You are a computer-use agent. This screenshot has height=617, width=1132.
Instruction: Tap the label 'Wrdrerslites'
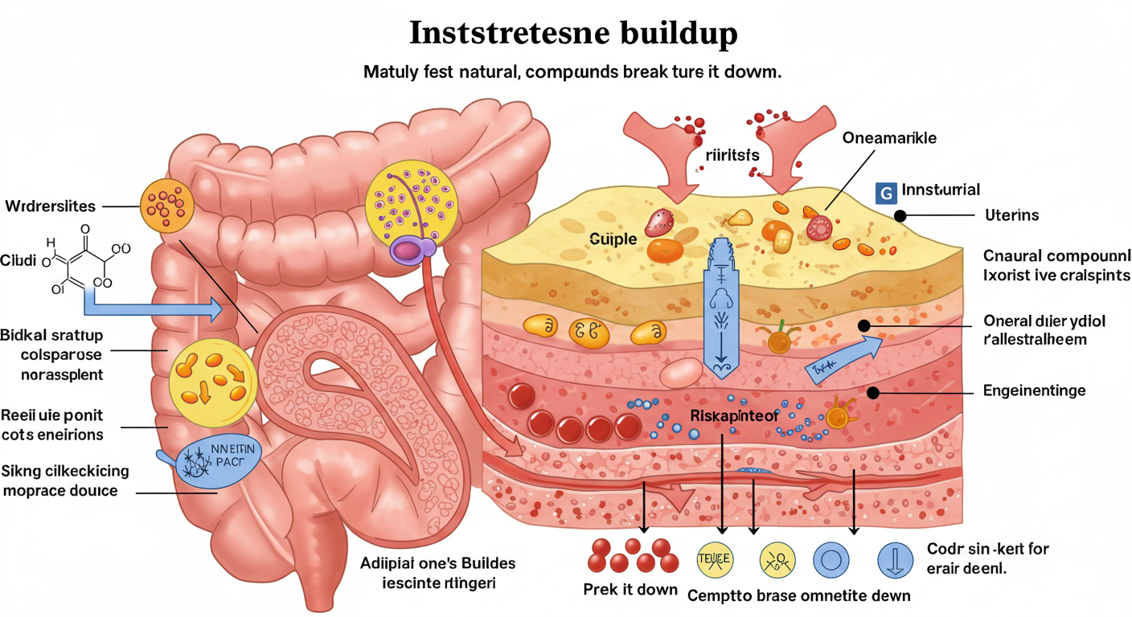point(50,206)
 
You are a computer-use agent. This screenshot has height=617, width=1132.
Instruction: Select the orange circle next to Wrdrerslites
point(167,207)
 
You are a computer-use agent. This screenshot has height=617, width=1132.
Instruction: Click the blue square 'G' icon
point(885,192)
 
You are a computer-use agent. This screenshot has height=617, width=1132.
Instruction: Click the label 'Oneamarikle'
point(889,138)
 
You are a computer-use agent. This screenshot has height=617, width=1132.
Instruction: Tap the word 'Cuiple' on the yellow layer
point(613,239)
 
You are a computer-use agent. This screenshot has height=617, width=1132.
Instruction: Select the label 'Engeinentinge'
point(1034,391)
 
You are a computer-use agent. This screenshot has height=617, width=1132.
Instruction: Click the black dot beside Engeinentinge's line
point(872,392)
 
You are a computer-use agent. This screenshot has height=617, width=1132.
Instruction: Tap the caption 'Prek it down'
point(630,589)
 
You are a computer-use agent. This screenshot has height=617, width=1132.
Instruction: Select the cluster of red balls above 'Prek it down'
point(631,554)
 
